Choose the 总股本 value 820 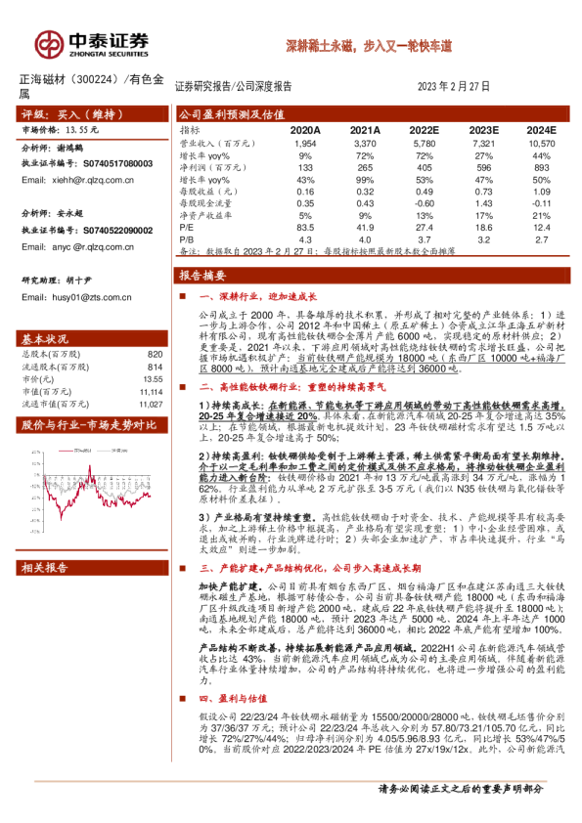point(155,354)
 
